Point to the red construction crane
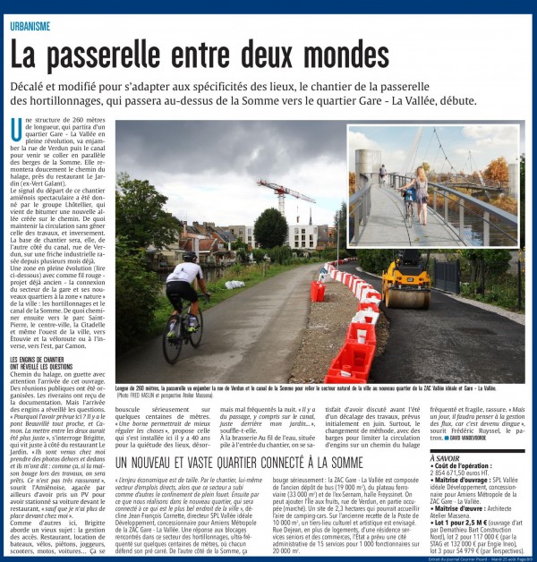click(284, 192)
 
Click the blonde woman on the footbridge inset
click(420, 189)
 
